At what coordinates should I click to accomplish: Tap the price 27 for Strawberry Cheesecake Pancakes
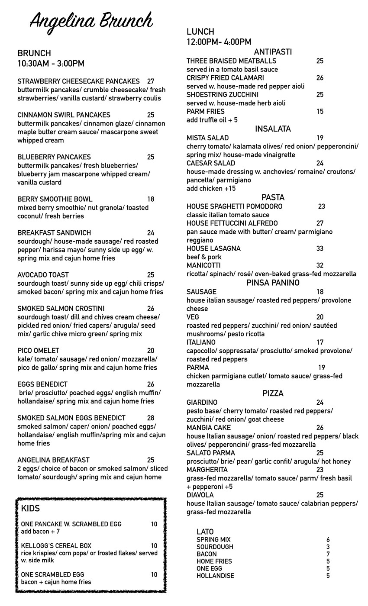(151, 81)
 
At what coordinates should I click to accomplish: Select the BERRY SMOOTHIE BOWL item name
(55, 200)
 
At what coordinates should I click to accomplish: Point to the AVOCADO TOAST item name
(43, 275)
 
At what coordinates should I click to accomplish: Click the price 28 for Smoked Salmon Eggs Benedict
(151, 418)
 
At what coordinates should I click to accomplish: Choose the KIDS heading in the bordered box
(30, 509)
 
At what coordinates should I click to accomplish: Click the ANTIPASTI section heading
(273, 52)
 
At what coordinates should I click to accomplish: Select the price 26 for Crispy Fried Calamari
(320, 78)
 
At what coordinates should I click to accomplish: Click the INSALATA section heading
(273, 129)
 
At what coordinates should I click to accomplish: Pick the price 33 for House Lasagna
(320, 249)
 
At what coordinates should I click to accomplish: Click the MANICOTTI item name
(203, 265)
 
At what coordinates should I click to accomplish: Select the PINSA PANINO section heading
(273, 283)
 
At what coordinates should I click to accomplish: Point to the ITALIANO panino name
(201, 342)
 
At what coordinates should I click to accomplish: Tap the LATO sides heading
(205, 532)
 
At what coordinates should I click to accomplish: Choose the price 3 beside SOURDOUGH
(328, 547)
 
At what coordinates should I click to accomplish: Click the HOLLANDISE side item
(215, 576)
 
